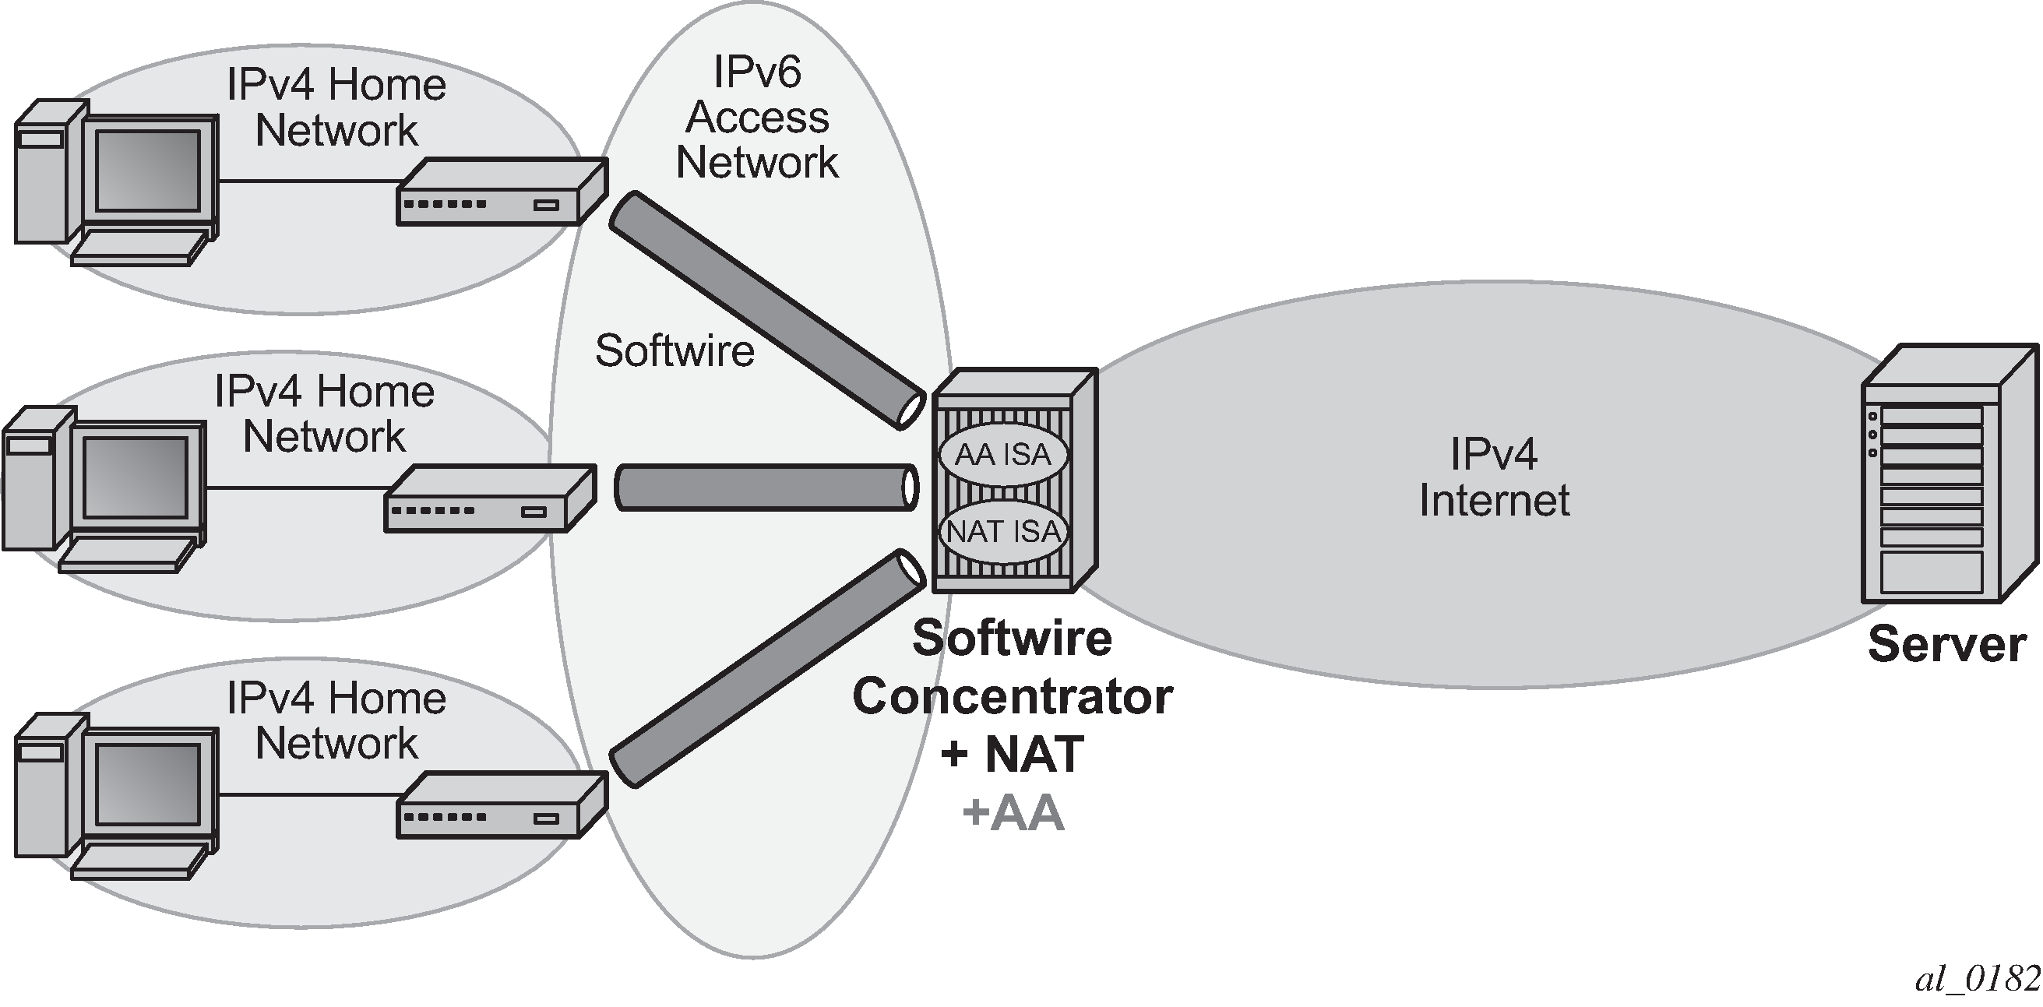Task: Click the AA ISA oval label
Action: (1003, 454)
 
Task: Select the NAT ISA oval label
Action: (1003, 531)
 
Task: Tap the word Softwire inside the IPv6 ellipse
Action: (675, 350)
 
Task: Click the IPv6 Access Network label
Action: (757, 118)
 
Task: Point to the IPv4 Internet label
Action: (1494, 477)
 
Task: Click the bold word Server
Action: (1948, 644)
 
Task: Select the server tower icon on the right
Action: (1949, 474)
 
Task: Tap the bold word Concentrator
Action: (1013, 696)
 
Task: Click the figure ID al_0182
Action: (1977, 979)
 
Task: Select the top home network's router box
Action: (502, 191)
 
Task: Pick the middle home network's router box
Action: (490, 498)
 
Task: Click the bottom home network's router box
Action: (502, 805)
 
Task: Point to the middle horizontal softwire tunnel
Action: (767, 487)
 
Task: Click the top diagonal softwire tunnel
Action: (768, 310)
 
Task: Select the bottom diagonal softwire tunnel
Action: (768, 668)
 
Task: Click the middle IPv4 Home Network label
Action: (325, 414)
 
